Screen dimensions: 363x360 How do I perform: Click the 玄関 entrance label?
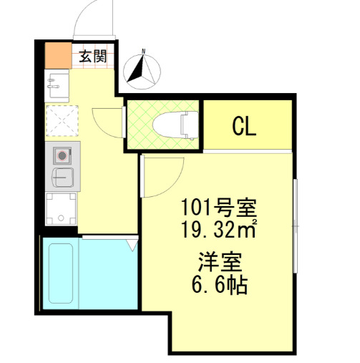pos(93,56)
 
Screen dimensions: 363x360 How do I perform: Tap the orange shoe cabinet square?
pos(57,55)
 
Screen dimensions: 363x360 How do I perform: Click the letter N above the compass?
pos(144,51)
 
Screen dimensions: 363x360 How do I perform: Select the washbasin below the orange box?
pos(56,84)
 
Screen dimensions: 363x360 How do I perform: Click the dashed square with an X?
pos(62,120)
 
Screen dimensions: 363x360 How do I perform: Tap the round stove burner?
pos(62,155)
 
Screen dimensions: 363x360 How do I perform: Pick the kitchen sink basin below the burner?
pos(62,176)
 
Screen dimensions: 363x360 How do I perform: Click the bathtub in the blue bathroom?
pos(60,274)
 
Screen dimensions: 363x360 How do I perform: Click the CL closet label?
pos(245,127)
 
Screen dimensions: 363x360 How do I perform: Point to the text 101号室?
pos(217,209)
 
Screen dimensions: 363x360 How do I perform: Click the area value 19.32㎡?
pos(218,231)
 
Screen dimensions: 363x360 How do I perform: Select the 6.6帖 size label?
pos(218,285)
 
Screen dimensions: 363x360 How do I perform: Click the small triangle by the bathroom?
pos(132,245)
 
